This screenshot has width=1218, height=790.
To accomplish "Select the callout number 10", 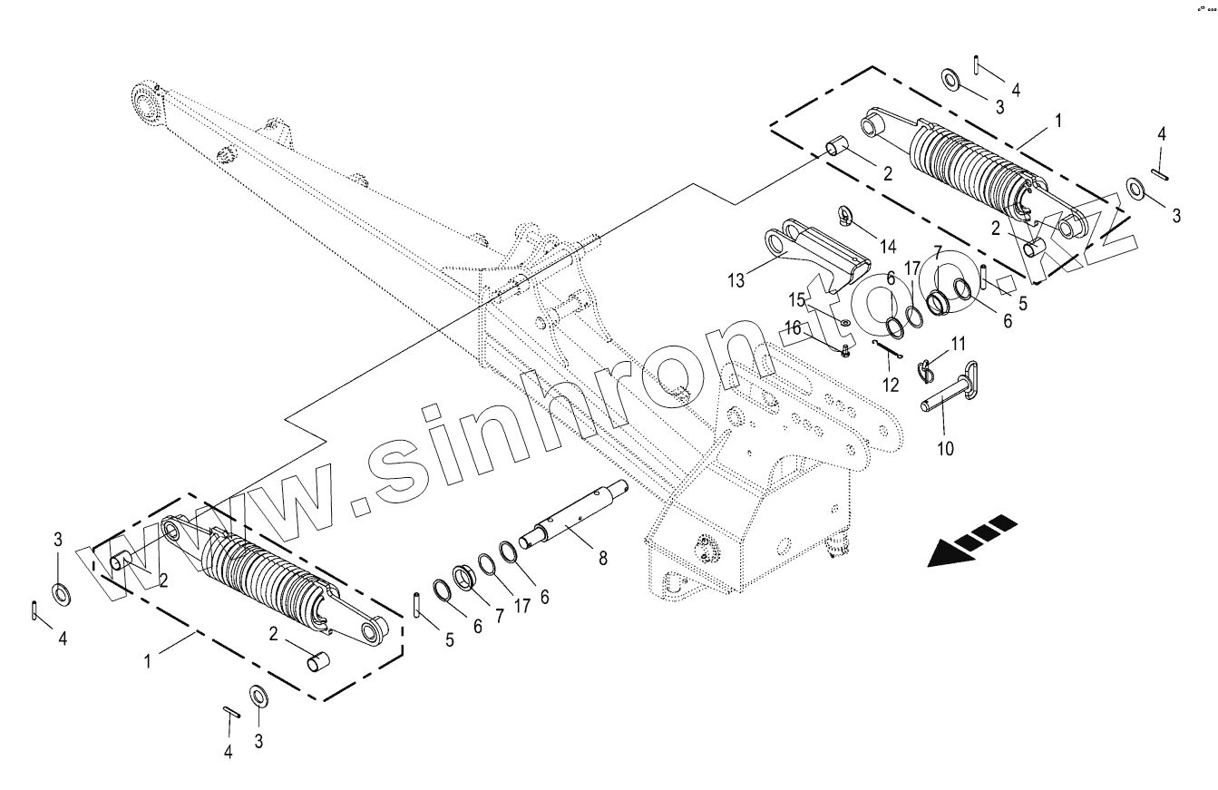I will point(945,447).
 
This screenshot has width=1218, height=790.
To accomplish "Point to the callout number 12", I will point(891,385).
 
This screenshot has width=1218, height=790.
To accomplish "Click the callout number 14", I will point(886,246).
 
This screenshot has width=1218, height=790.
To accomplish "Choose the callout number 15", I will point(795,299).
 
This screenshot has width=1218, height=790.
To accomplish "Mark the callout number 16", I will point(793,327).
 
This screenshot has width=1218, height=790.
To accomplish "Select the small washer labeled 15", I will point(844,323).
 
